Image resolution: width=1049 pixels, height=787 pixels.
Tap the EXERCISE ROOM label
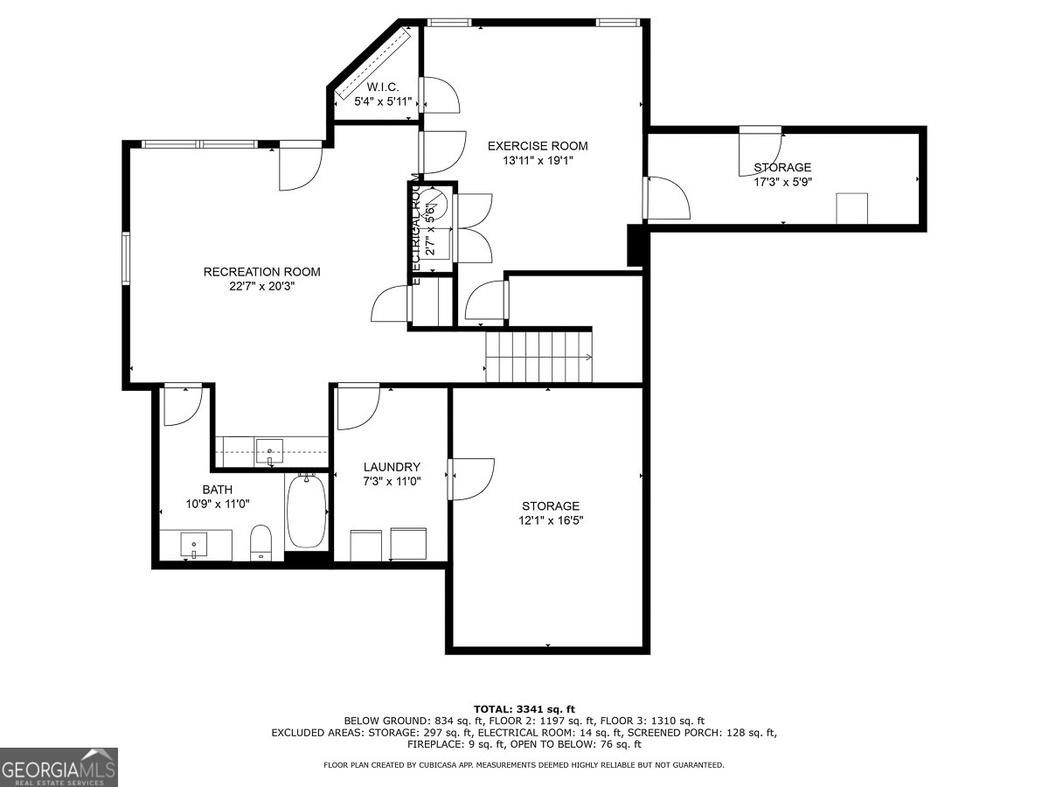click(538, 146)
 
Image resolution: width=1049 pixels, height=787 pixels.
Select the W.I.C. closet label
click(383, 87)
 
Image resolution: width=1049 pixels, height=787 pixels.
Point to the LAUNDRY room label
click(392, 467)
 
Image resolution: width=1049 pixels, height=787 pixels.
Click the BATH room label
click(218, 490)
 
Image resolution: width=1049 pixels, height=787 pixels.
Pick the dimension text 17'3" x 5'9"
click(782, 183)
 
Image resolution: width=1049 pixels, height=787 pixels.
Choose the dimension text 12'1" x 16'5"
click(551, 520)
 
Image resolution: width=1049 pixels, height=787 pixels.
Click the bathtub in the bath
click(306, 511)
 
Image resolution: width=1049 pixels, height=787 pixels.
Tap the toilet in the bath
click(261, 541)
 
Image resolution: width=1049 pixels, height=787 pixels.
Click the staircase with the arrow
click(538, 357)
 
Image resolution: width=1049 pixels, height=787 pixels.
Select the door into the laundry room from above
click(358, 406)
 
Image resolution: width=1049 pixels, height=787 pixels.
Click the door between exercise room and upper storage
click(666, 198)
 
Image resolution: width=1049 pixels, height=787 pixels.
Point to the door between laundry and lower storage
click(470, 478)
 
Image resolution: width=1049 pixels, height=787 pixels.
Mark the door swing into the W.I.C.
click(439, 94)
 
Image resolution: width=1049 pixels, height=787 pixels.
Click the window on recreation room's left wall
click(127, 259)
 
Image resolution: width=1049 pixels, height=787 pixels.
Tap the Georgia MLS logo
click(59, 767)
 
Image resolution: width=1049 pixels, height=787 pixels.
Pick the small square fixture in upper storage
click(851, 209)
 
